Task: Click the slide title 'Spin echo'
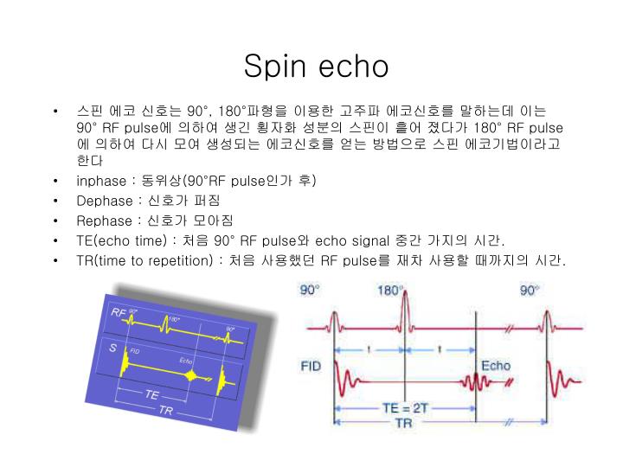coord(316,67)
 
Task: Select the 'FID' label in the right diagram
coord(311,366)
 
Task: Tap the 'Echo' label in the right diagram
coord(496,365)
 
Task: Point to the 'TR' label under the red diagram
coord(404,423)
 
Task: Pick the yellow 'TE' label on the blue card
coord(151,393)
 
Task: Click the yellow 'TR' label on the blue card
coord(166,409)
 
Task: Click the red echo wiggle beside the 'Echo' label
coord(474,381)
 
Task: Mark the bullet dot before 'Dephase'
coord(55,201)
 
